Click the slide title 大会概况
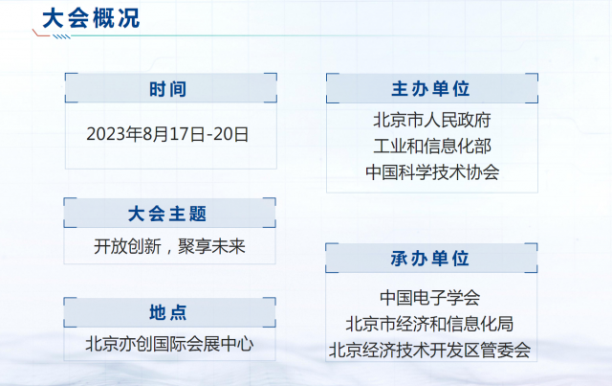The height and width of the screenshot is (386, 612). pos(91,18)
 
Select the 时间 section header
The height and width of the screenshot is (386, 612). pos(168,89)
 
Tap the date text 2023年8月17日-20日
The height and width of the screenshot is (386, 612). pos(167,134)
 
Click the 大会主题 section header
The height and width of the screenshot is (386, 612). pos(167,214)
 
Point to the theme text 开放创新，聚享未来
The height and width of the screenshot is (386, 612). pos(169,246)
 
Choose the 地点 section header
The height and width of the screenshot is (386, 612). pos(168,313)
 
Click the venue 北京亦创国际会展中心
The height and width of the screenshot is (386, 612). pos(169,344)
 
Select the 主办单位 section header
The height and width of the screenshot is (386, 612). pos(431,89)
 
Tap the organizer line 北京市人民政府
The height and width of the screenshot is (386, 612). pos(432,120)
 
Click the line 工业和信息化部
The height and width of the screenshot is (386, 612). pos(432,146)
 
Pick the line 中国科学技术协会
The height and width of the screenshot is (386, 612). pos(432,172)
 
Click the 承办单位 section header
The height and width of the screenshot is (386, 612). pos(429,259)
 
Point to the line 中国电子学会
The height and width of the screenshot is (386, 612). pos(429,298)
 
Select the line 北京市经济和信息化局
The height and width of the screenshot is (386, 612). pos(429,324)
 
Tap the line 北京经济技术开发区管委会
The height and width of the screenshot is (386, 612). pos(429,350)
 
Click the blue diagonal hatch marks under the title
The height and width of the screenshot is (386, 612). pos(61,36)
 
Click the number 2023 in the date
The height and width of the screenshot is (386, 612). pos(103,134)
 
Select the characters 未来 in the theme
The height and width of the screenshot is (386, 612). pos(229,246)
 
